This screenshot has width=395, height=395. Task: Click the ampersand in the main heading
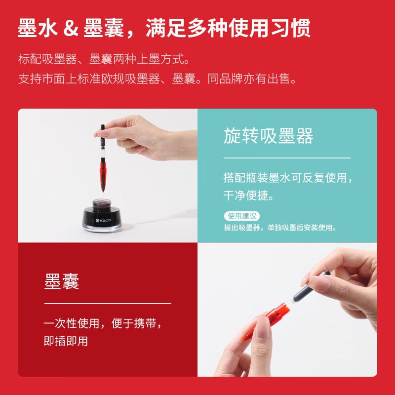(72, 28)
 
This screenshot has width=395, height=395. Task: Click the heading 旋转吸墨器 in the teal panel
(268, 136)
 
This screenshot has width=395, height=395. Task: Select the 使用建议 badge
(241, 216)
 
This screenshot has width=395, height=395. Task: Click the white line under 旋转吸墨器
(287, 158)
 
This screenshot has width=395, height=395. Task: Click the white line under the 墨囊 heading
(107, 303)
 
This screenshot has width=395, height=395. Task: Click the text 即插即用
(66, 341)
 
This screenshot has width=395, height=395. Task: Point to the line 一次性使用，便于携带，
(103, 324)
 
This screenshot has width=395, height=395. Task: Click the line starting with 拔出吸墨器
(280, 228)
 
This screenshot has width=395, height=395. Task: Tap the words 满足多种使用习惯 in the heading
(228, 28)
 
